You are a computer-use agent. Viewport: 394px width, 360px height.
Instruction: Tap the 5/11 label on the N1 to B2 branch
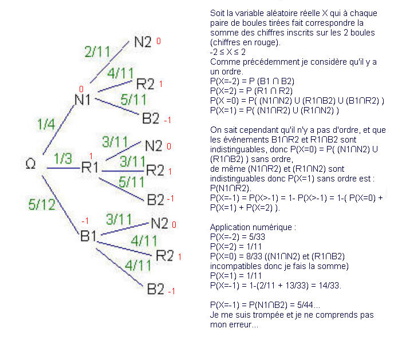tap(133, 99)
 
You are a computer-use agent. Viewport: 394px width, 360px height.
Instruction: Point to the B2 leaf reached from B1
tap(156, 289)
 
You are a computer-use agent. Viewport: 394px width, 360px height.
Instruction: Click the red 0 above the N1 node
tap(82, 89)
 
